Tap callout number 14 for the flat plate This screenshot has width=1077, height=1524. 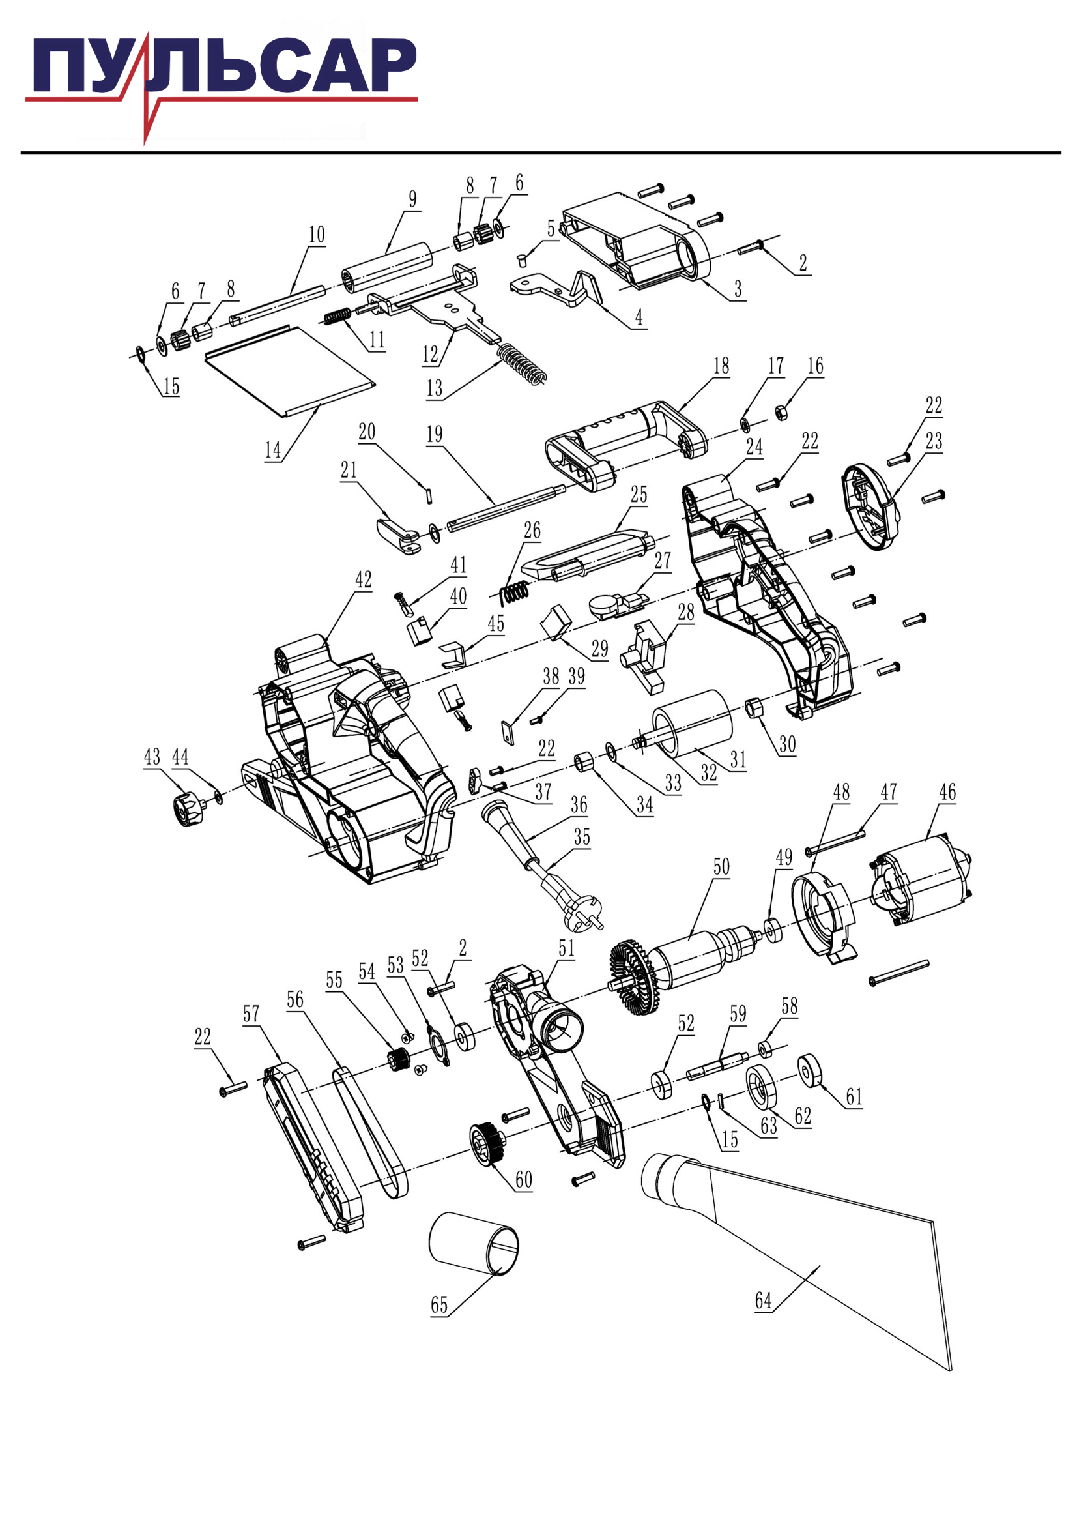(x=273, y=450)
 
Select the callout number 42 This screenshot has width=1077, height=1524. (x=363, y=579)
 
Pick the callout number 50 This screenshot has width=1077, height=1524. (x=721, y=866)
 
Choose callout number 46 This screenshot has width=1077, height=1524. (x=947, y=792)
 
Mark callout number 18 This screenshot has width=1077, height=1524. (x=721, y=366)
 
